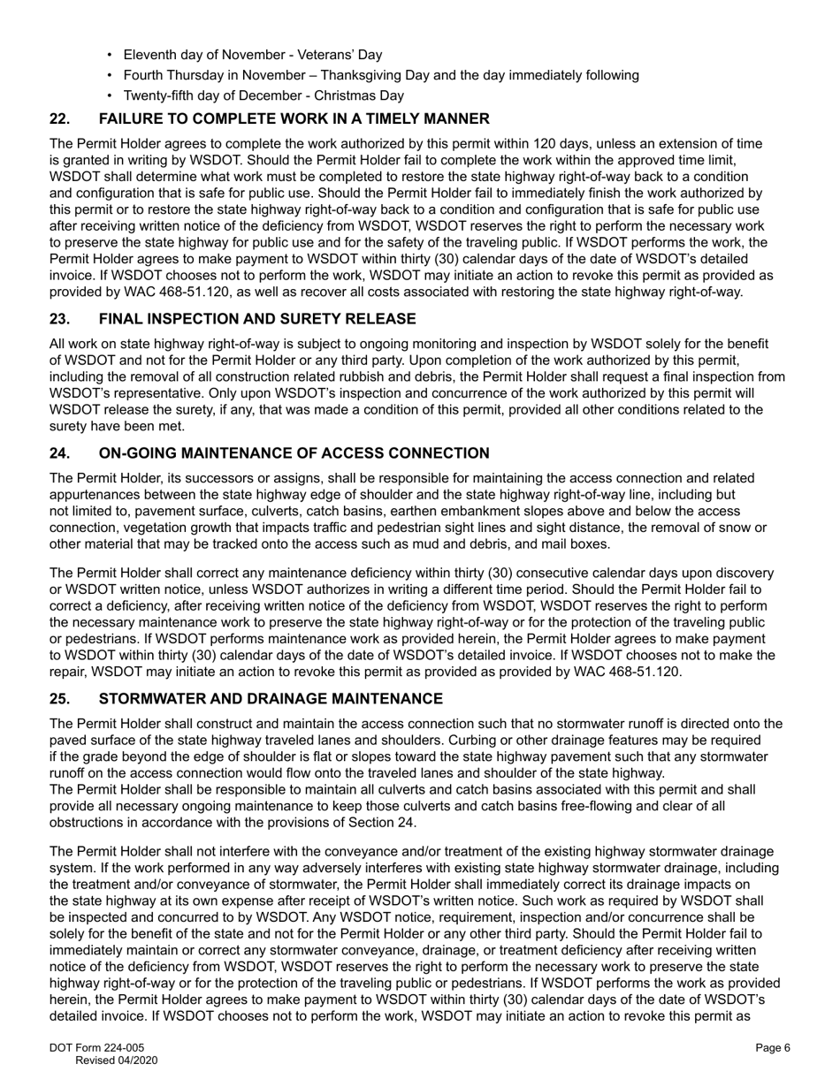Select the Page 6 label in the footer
pyautogui.click(x=772, y=1048)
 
